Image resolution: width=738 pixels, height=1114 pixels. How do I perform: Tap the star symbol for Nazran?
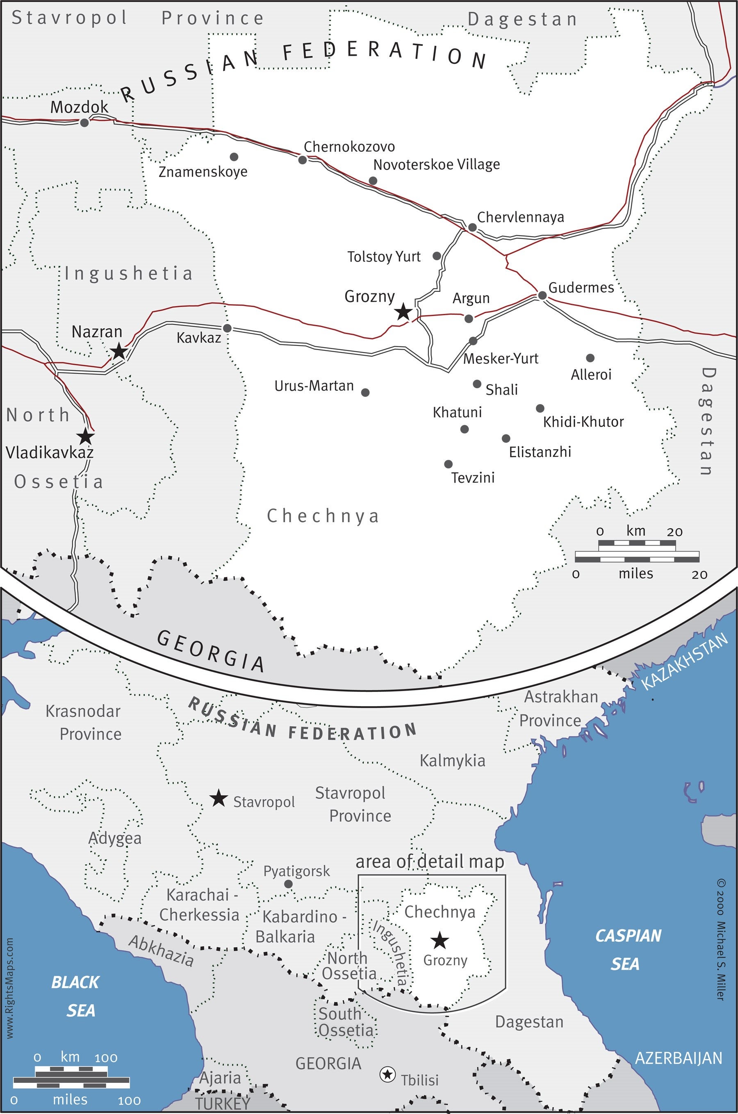point(118,351)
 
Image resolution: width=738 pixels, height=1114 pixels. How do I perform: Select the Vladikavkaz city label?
point(50,452)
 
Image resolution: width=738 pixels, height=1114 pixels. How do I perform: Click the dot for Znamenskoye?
point(233,157)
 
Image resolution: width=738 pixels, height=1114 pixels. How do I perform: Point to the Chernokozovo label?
point(349,147)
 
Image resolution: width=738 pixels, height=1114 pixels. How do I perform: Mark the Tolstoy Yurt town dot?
point(436,256)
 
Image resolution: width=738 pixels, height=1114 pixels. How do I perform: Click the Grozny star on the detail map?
point(403,311)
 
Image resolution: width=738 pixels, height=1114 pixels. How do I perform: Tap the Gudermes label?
point(581,287)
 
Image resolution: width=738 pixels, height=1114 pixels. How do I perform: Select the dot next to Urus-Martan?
point(365,392)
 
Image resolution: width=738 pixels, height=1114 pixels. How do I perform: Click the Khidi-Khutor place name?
point(583,422)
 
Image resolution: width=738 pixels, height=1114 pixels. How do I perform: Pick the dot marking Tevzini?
point(448,464)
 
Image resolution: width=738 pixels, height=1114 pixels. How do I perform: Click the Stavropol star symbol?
point(218,798)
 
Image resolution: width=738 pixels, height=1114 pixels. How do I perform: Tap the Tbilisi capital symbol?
point(387,1074)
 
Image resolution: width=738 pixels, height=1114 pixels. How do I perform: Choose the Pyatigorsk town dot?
point(289,884)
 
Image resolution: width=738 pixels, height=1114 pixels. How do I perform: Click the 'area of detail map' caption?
point(429,862)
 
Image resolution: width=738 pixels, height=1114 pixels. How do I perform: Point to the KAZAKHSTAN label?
point(685,661)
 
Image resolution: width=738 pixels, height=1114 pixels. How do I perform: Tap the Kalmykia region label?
point(452,761)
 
